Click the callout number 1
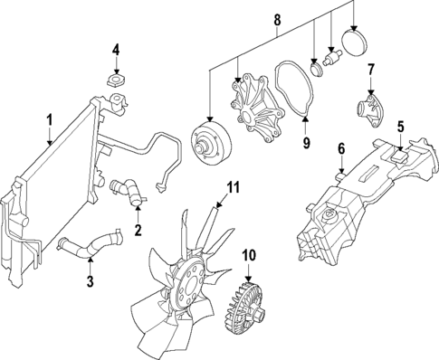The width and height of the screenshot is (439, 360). coord(50,119)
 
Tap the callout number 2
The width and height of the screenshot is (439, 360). coord(138,232)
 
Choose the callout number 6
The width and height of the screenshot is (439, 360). coord(341,147)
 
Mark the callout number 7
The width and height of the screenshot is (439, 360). coord(370,69)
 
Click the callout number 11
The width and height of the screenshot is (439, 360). coord(232,188)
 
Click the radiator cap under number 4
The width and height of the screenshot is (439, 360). coord(116,82)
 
